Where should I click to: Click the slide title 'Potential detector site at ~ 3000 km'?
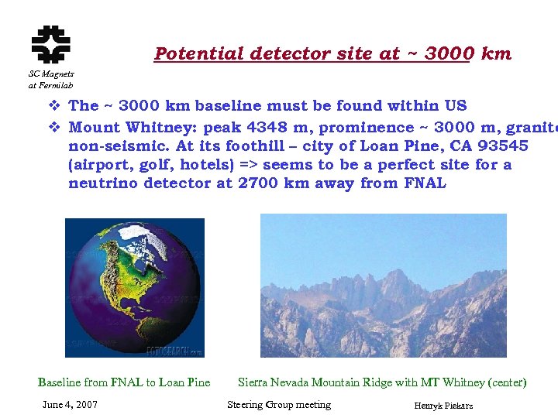pyautogui.click(x=332, y=53)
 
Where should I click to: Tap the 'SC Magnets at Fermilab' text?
pyautogui.click(x=50, y=79)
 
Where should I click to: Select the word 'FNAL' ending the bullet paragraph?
pyautogui.click(x=425, y=183)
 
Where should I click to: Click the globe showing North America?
pyautogui.click(x=133, y=287)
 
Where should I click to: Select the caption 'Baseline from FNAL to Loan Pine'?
pyautogui.click(x=124, y=382)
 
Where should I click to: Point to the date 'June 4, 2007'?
pyautogui.click(x=71, y=405)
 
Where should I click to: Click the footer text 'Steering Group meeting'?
pyautogui.click(x=279, y=405)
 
